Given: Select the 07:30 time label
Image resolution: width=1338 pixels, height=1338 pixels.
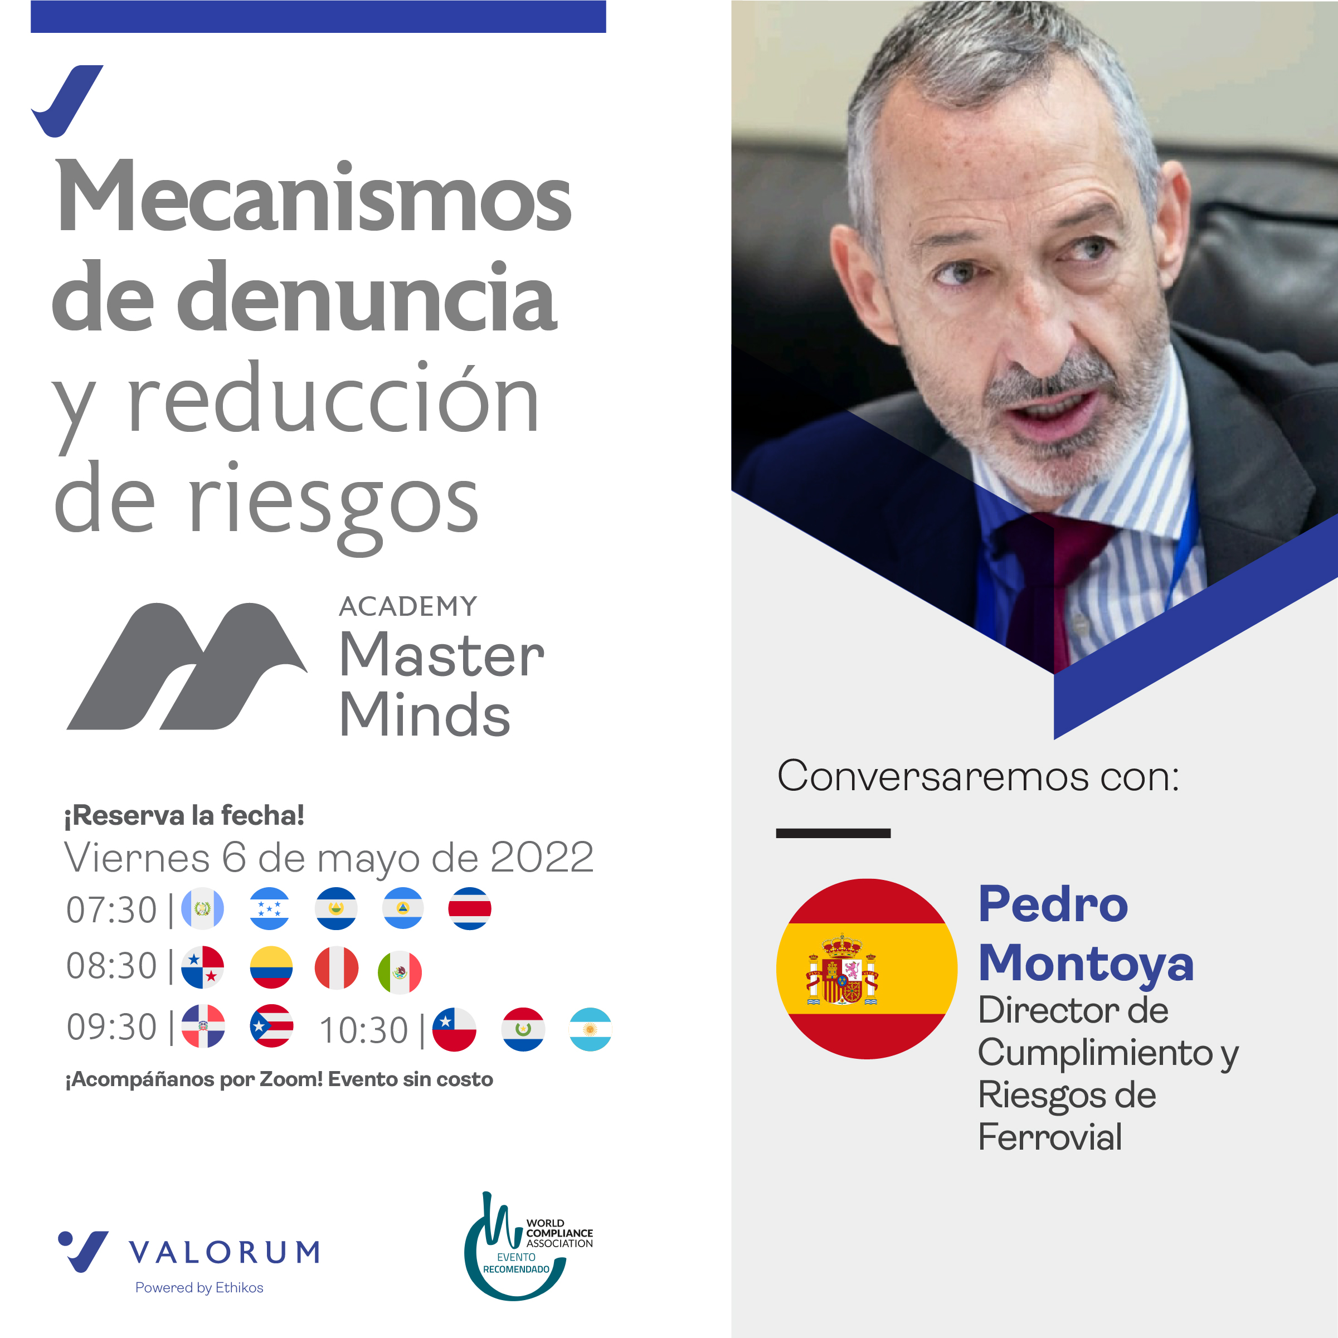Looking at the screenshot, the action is (x=111, y=909).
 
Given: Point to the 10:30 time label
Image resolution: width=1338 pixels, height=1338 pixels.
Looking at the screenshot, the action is (x=363, y=1030).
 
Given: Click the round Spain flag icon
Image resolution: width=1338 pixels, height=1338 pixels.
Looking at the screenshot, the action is (x=867, y=968).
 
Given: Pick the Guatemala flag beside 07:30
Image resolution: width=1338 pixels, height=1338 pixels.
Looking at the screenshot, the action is (x=202, y=908).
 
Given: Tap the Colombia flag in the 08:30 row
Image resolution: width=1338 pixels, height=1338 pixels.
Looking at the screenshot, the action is (x=271, y=967).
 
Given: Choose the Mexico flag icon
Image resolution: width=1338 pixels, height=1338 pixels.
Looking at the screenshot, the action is (x=400, y=972).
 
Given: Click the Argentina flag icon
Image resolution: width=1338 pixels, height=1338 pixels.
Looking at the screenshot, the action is (x=590, y=1029).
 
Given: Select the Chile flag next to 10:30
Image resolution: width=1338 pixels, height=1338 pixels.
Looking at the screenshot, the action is (x=454, y=1029).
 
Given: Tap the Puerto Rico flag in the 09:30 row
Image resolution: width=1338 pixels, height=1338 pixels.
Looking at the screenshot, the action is (x=271, y=1026).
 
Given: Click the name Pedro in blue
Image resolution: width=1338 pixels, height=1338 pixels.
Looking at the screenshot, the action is (x=1053, y=904).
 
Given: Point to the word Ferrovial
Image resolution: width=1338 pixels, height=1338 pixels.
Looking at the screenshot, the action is (x=1049, y=1137).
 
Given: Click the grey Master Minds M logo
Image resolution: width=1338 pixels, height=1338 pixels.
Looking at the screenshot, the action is (x=187, y=666).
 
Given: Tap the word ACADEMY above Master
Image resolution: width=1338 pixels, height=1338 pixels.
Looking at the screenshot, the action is (x=408, y=607).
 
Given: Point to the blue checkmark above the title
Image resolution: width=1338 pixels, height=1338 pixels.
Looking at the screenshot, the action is (x=67, y=101).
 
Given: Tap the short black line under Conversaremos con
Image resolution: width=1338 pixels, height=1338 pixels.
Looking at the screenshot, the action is (x=833, y=833).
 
